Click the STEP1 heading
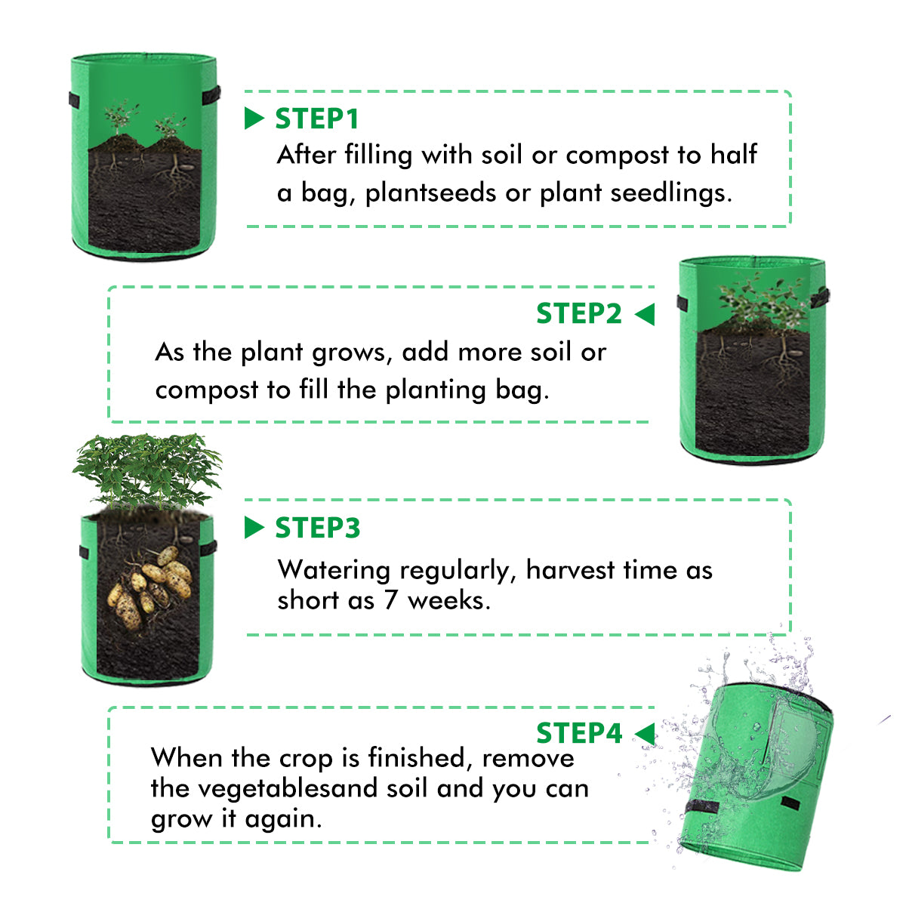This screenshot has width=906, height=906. pos(316,119)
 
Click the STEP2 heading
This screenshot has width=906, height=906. pos(578,313)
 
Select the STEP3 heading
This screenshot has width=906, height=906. pos(317,528)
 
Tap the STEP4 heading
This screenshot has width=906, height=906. pos(578,733)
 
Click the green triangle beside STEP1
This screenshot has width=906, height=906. pos(254,119)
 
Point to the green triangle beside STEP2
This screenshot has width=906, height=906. pos(645,314)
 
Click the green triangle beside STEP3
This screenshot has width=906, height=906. pos(254,528)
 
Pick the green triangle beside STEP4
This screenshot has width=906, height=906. pos(645,733)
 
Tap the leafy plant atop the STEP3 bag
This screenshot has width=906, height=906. pos(147,468)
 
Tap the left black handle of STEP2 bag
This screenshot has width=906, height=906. pos(683,304)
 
